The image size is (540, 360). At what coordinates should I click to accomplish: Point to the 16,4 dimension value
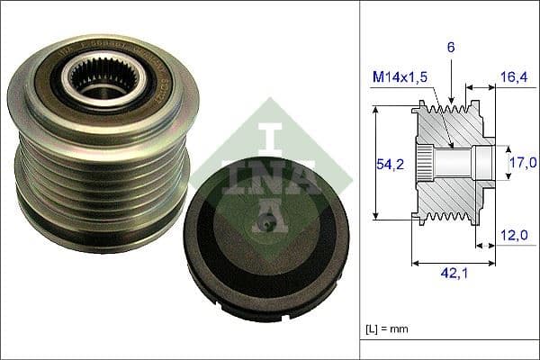(x=515, y=79)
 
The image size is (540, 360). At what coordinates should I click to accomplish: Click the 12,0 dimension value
(x=515, y=236)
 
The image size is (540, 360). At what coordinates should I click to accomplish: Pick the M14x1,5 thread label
(x=399, y=79)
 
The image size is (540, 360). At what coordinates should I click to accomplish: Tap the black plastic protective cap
(x=253, y=244)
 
